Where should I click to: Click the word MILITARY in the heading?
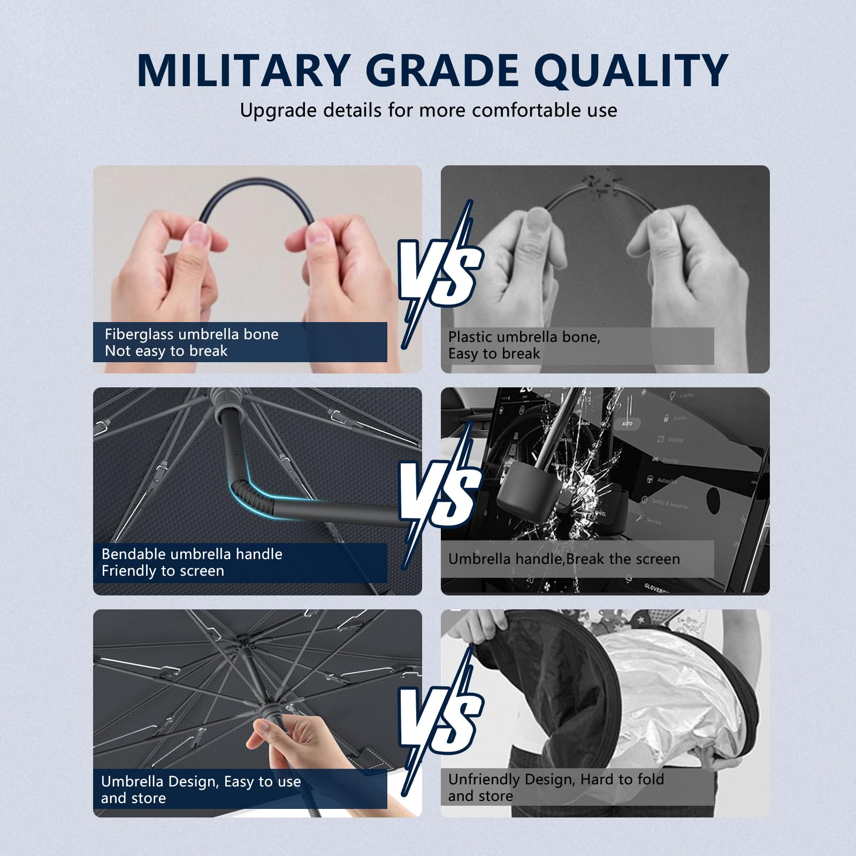tap(244, 70)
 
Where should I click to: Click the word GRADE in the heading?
tap(442, 70)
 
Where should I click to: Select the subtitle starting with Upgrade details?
tap(428, 110)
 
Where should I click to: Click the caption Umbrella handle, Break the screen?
tap(564, 559)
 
